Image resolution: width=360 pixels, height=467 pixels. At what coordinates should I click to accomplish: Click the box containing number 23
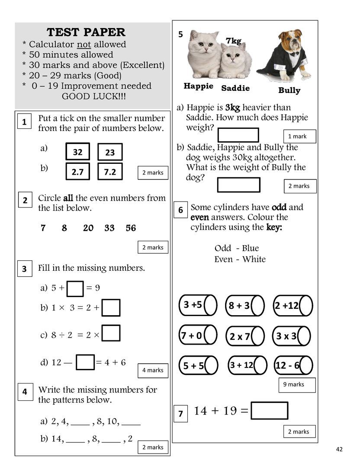coord(110,152)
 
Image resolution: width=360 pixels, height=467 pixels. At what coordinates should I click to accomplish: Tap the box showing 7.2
coord(110,172)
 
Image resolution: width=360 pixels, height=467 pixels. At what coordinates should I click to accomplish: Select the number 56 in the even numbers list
coord(131,228)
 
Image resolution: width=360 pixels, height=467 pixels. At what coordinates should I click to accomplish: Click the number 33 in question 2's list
coord(109,228)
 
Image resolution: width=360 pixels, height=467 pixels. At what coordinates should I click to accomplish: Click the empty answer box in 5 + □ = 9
coord(76,288)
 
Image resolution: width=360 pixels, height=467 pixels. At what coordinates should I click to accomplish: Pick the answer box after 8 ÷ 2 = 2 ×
coord(111,333)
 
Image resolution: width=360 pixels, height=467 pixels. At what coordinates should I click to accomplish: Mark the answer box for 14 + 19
coord(269,411)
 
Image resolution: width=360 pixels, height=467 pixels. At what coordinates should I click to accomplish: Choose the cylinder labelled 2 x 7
coord(245,336)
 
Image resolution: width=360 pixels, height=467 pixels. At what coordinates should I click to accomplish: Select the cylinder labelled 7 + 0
coord(198,336)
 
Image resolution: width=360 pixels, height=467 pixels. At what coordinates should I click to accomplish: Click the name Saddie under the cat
coord(235,88)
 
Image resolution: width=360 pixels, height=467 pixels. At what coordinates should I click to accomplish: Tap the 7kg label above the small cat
coord(233,41)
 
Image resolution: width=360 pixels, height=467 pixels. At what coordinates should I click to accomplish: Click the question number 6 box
coord(181,211)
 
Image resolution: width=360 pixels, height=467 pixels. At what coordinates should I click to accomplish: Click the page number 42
coord(339,449)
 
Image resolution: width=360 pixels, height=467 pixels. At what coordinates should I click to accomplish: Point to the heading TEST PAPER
coord(86,32)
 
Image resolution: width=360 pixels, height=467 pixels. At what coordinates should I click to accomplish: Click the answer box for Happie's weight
coord(238,135)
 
